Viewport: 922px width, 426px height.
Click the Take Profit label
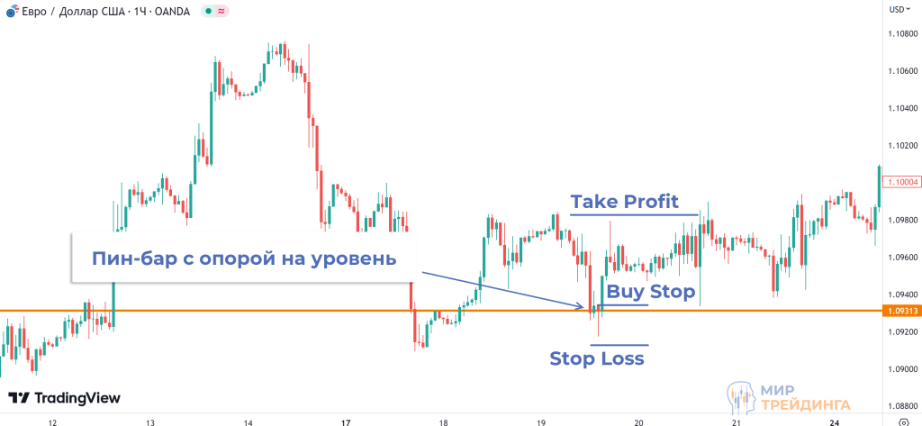point(624,200)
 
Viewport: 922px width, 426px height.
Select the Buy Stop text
point(651,292)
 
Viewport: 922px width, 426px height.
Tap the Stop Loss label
point(597,358)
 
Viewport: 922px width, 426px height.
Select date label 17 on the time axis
point(346,421)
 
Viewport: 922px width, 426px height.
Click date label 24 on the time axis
point(835,421)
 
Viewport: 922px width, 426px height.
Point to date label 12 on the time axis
point(52,421)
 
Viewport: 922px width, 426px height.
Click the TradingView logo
point(64,398)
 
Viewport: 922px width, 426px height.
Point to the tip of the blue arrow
point(586,309)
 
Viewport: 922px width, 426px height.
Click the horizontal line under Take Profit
point(634,214)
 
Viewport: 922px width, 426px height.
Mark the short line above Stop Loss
point(619,345)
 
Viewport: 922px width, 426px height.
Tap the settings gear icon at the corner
point(903,421)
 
